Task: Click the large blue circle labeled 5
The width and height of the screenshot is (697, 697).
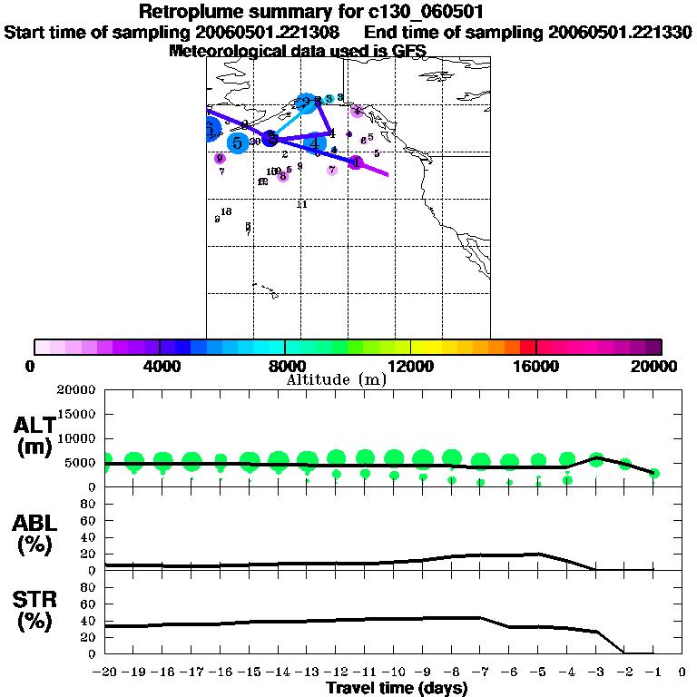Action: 238,142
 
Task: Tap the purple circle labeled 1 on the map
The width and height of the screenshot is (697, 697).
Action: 356,162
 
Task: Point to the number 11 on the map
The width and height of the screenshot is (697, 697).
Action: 302,204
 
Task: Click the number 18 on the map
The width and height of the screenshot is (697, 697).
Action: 226,211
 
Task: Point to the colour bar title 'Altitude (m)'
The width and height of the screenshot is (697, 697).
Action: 337,379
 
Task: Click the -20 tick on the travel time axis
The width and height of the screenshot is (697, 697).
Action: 105,672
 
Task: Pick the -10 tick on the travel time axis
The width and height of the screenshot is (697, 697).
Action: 393,672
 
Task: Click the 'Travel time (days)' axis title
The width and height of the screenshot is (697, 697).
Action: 397,688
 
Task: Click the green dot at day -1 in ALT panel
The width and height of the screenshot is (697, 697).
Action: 653,473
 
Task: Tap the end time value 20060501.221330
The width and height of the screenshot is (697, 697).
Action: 620,33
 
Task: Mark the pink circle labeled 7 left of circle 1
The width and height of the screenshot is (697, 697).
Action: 332,170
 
